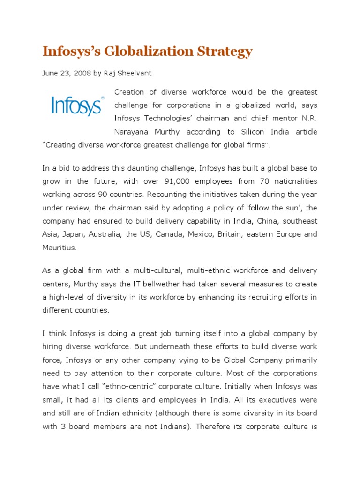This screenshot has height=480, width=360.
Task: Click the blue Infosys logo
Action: [x=75, y=106]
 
